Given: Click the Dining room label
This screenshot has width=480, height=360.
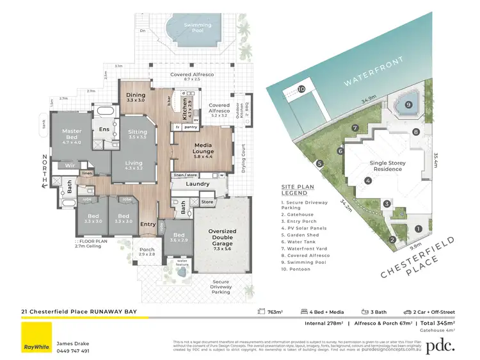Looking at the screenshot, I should pos(136,97).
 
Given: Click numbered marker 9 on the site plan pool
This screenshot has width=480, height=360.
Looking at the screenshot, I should pos(408,104).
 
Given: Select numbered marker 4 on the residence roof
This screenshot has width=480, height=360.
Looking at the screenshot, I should pos(369,181).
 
